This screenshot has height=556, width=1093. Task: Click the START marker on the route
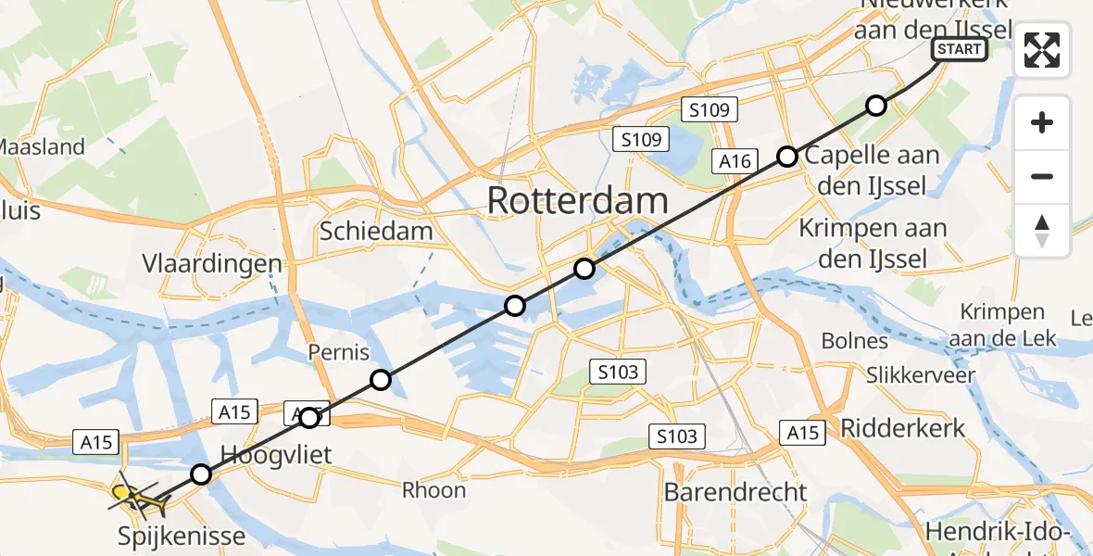pyautogui.click(x=960, y=49)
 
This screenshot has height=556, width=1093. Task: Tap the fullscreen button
pyautogui.click(x=1042, y=50)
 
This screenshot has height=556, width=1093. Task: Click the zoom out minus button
pyautogui.click(x=1042, y=176)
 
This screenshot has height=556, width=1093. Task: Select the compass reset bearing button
pyautogui.click(x=1042, y=231)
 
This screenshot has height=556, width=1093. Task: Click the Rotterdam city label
pyautogui.click(x=576, y=201)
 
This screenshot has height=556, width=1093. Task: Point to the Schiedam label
pyautogui.click(x=376, y=231)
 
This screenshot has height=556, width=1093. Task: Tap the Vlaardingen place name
pyautogui.click(x=212, y=264)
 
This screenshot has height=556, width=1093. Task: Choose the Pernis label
pyautogui.click(x=339, y=352)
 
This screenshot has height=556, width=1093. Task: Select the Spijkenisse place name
pyautogui.click(x=182, y=536)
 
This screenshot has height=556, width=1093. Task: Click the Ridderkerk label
pyautogui.click(x=902, y=428)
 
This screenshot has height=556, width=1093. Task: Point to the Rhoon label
pyautogui.click(x=433, y=490)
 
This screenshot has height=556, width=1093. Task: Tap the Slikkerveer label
pyautogui.click(x=921, y=375)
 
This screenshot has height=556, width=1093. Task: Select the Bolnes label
pyautogui.click(x=854, y=341)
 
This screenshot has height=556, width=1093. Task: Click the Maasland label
pyautogui.click(x=42, y=146)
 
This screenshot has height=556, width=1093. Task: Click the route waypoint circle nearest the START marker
pyautogui.click(x=875, y=106)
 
